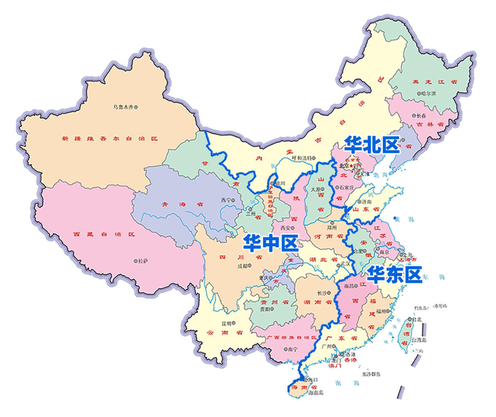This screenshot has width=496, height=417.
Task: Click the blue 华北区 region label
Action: pos(372,145)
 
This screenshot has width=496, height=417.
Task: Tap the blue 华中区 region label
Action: pos(270,242)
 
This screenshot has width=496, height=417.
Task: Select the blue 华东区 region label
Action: pos(394,274)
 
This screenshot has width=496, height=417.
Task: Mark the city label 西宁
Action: pos(227,200)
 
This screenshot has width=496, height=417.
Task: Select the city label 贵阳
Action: pos(264,309)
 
